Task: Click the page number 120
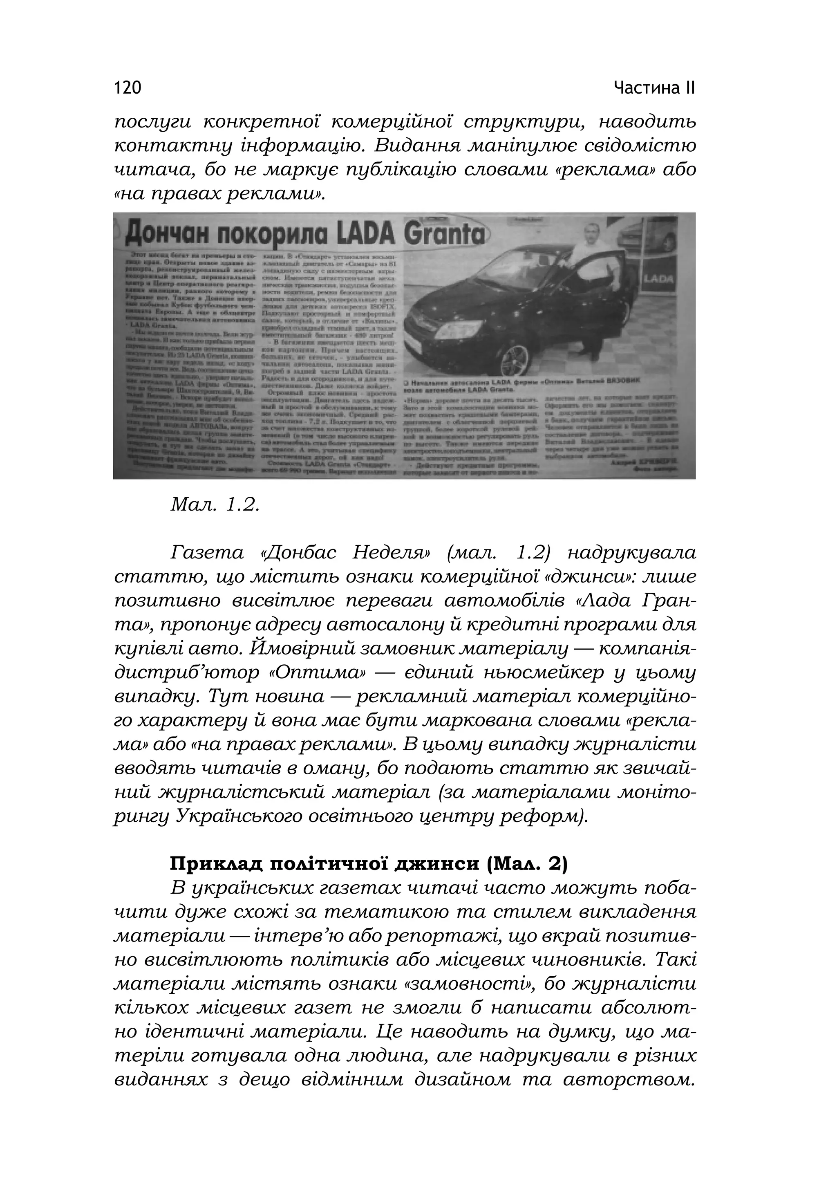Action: click(x=127, y=88)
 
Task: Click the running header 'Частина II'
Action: click(x=654, y=88)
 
